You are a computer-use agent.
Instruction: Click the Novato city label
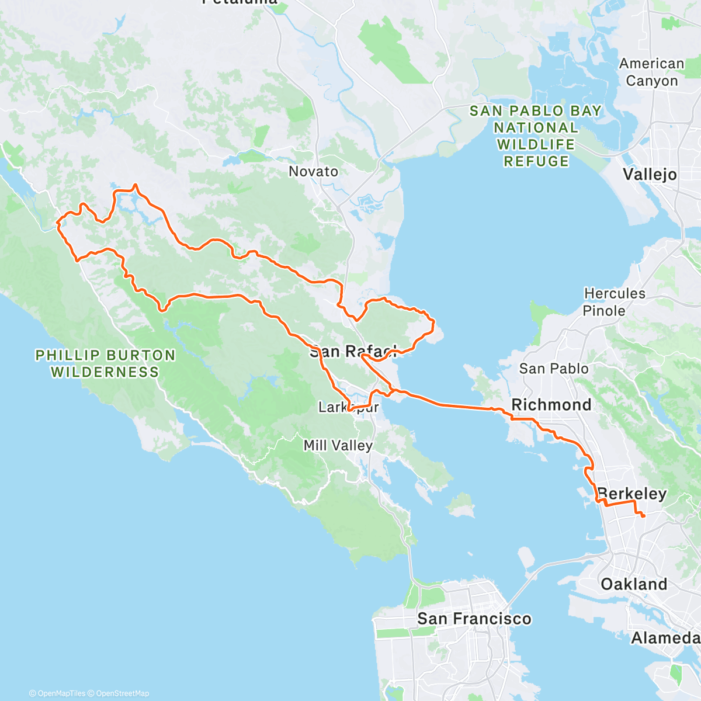(x=313, y=172)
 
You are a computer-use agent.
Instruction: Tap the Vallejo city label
(x=650, y=175)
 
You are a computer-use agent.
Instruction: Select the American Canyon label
(x=651, y=72)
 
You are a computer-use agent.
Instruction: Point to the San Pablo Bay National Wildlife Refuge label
(x=536, y=136)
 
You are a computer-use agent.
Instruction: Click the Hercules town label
(x=615, y=294)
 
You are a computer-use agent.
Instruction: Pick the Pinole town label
(x=603, y=311)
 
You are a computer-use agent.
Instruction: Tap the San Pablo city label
(x=554, y=369)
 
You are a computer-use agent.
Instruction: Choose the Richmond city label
(x=551, y=405)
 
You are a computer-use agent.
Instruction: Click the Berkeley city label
(x=632, y=494)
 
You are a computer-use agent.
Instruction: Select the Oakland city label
(x=634, y=584)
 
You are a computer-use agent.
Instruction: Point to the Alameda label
(x=665, y=638)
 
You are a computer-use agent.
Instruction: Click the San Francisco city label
(x=474, y=619)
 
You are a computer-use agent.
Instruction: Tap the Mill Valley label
(x=338, y=446)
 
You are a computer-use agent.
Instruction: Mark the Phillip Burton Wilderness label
(x=105, y=363)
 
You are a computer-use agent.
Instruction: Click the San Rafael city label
(x=353, y=351)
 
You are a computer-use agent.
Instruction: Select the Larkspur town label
(x=348, y=407)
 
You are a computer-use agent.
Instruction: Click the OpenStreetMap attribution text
(x=122, y=693)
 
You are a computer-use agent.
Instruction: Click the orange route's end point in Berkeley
(x=643, y=516)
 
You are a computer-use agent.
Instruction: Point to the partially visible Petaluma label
(x=240, y=2)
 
